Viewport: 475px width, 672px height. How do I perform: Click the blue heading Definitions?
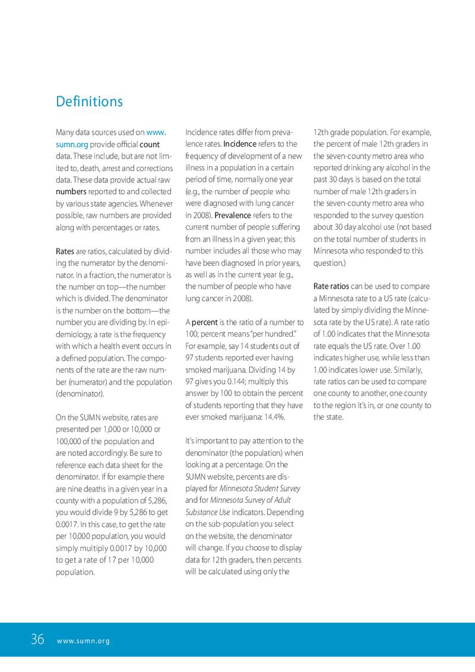pyautogui.click(x=89, y=102)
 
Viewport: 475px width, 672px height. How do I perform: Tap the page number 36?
pyautogui.click(x=37, y=640)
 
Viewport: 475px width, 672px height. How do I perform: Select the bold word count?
pyautogui.click(x=149, y=145)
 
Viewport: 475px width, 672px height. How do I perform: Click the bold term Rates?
pyautogui.click(x=65, y=251)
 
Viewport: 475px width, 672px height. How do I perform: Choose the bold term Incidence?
pyautogui.click(x=240, y=144)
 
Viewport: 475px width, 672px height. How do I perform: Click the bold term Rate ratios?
pyautogui.click(x=331, y=287)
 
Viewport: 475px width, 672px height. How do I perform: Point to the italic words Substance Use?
pyautogui.click(x=208, y=512)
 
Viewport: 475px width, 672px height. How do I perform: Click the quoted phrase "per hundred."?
pyautogui.click(x=279, y=334)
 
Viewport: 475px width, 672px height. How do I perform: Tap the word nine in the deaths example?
pyautogui.click(x=78, y=488)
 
